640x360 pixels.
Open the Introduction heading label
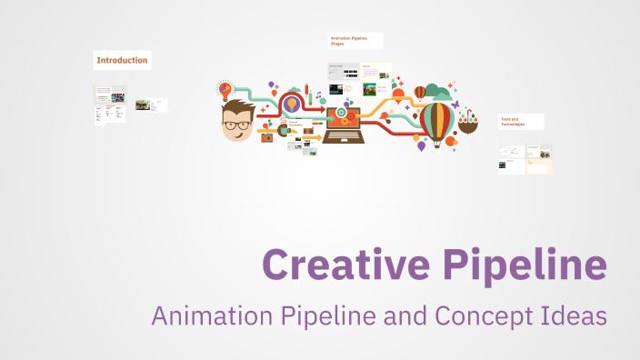122,61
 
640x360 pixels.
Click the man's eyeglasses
238,124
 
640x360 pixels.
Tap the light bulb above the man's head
225,90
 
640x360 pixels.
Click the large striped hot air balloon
437,119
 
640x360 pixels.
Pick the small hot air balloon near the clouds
419,92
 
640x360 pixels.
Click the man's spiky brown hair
239,107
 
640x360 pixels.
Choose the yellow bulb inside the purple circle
292,105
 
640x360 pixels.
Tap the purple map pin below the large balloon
419,145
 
